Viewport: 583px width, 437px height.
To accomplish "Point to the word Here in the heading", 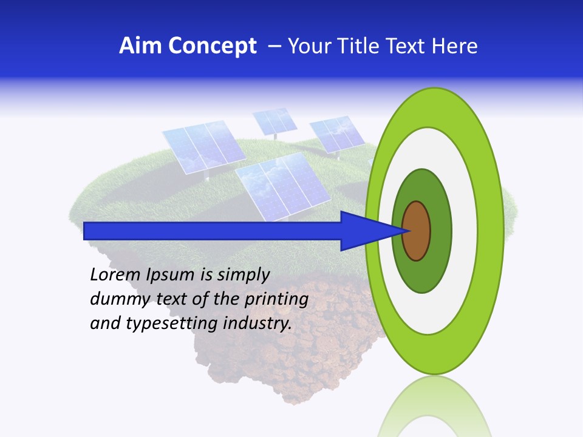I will (455, 46).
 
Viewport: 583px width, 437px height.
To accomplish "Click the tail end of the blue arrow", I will (86, 231).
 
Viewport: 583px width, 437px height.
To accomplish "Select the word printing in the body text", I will (276, 299).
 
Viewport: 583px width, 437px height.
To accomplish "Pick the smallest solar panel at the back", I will (274, 120).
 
